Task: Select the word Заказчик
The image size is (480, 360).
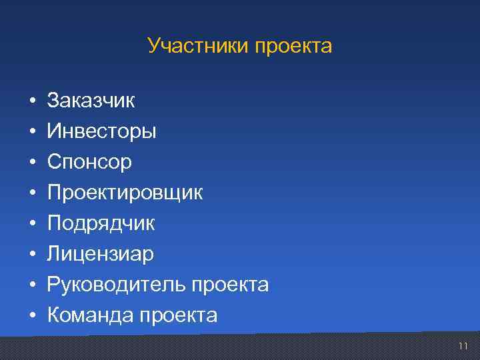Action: coord(91,101)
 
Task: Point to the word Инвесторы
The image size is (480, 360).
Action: coord(101,131)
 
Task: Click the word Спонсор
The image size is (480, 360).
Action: coord(89,162)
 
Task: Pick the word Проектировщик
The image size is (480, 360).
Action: coord(125,193)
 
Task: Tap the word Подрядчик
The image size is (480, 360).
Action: coord(101,223)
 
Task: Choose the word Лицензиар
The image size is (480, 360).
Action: coord(100,254)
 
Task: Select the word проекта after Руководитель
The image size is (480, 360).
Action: coord(230,285)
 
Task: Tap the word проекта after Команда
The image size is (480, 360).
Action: coord(179,315)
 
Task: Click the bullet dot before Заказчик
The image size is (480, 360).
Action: coord(31,101)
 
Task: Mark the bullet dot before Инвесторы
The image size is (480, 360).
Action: coord(31,132)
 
